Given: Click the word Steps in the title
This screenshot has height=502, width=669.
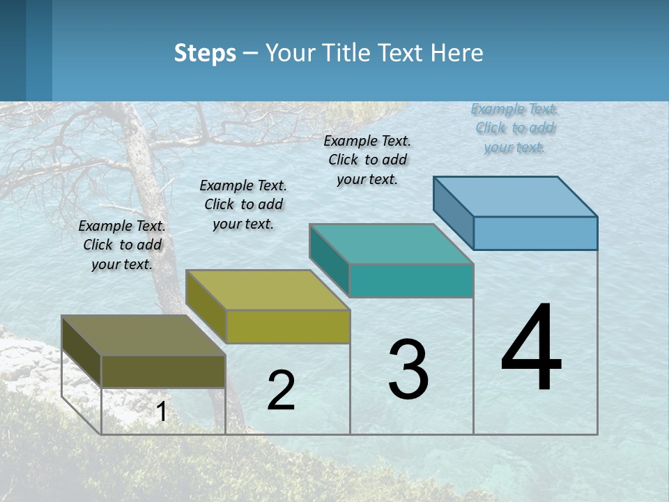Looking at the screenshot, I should [205, 53].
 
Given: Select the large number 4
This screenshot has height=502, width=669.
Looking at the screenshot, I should [531, 349].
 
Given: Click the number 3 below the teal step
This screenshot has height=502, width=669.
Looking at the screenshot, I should [408, 370].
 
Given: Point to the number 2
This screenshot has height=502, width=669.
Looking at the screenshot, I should [281, 390].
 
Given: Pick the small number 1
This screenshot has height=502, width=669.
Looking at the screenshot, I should [162, 412].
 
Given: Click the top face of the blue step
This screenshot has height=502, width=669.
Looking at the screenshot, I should [516, 196].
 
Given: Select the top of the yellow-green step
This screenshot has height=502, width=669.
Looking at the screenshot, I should [268, 289].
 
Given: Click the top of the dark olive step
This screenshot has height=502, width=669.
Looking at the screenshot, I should [144, 335].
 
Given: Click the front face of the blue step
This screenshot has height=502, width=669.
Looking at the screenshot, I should [535, 233].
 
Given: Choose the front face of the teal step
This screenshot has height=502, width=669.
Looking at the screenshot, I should [411, 280].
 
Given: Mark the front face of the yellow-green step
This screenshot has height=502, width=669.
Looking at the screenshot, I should [288, 326].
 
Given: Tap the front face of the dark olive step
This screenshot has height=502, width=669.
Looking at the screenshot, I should [163, 372].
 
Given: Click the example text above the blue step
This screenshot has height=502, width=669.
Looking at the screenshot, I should [514, 128].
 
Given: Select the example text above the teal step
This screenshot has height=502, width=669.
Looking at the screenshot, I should [367, 160].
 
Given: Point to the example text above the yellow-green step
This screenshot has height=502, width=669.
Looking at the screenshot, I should [243, 204].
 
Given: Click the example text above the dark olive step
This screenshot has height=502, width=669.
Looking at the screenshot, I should [122, 245].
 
